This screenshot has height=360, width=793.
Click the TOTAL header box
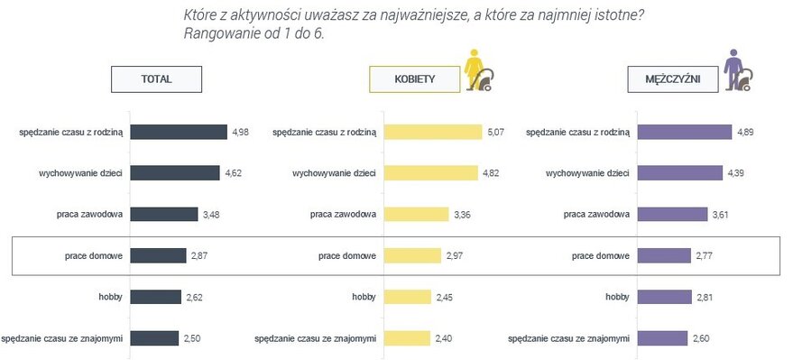155,79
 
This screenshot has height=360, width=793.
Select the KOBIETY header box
414,79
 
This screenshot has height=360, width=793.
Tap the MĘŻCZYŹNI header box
671,79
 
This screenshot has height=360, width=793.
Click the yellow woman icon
477,71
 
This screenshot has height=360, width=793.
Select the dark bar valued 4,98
179,133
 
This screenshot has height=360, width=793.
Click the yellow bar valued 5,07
434,133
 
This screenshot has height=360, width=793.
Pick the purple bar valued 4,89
685,133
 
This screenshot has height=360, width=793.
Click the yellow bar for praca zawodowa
417,215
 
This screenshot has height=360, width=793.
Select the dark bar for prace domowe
159,256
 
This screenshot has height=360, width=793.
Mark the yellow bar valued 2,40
407,338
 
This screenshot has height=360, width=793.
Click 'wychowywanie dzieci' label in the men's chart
587,173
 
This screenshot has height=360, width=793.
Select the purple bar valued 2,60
662,338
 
